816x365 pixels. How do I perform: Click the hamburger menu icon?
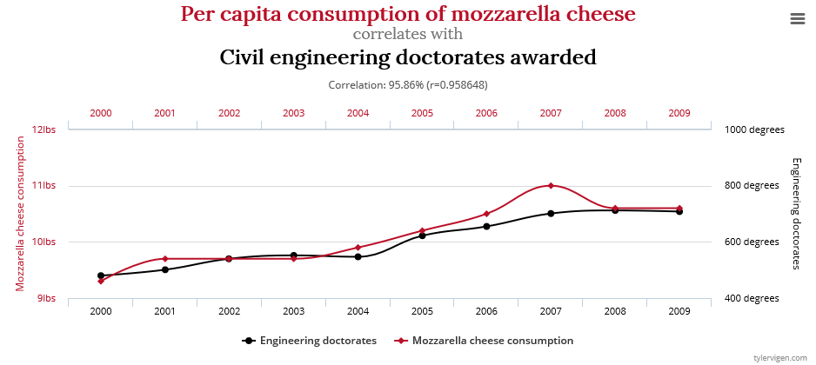pyautogui.click(x=798, y=19)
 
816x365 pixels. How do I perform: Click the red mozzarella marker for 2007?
pyautogui.click(x=551, y=185)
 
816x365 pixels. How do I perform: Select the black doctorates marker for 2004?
pyautogui.click(x=358, y=256)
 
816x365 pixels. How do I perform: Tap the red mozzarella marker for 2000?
pyautogui.click(x=101, y=281)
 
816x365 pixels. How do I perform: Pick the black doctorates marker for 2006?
pyautogui.click(x=486, y=227)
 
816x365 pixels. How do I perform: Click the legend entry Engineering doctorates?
pyautogui.click(x=318, y=341)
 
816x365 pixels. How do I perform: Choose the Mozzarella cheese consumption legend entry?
pyautogui.click(x=492, y=341)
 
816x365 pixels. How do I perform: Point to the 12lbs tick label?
pyautogui.click(x=43, y=129)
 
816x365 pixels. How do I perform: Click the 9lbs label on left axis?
pyautogui.click(x=46, y=298)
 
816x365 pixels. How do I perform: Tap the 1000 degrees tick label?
pyautogui.click(x=754, y=129)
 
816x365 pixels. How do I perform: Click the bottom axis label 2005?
pyautogui.click(x=422, y=310)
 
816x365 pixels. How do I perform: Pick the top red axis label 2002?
pyautogui.click(x=229, y=113)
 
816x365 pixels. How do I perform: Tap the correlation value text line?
pyautogui.click(x=407, y=85)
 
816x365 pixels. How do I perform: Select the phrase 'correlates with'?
pyautogui.click(x=407, y=35)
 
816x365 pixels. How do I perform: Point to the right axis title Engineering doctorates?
pyautogui.click(x=795, y=213)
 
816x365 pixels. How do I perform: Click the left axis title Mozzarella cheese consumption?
pyautogui.click(x=20, y=213)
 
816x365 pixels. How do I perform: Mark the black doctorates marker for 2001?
pyautogui.click(x=164, y=269)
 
